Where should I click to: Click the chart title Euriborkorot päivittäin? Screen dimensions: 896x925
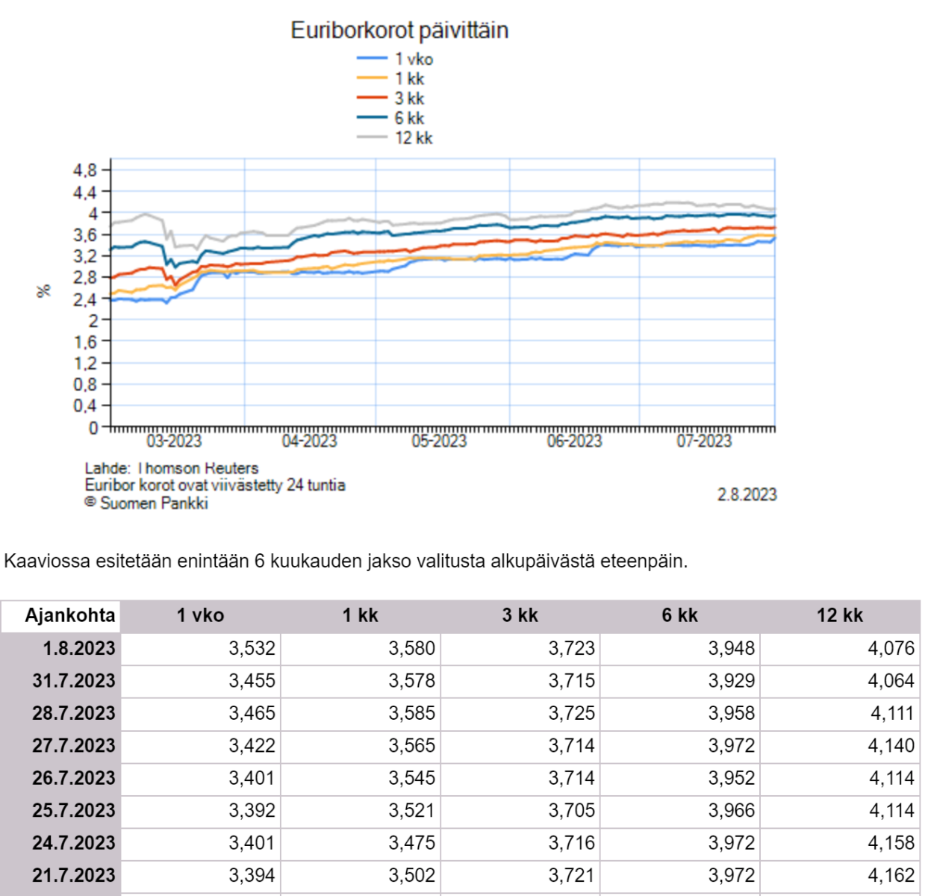(399, 31)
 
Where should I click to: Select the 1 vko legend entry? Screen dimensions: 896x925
(413, 59)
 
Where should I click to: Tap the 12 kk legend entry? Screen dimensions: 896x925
(413, 138)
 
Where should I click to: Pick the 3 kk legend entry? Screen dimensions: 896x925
(409, 99)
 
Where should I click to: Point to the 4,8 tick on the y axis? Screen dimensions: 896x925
(85, 170)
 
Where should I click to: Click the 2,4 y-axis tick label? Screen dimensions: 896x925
(85, 299)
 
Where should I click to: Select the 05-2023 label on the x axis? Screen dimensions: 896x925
(439, 441)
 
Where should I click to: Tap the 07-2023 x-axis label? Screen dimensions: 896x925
(704, 441)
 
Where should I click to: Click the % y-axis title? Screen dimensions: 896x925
(43, 290)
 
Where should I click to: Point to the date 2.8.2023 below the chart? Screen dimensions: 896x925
(747, 495)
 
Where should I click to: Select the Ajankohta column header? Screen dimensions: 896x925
(69, 615)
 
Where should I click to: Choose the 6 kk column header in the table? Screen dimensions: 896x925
(679, 615)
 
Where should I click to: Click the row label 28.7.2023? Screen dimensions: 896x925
(73, 713)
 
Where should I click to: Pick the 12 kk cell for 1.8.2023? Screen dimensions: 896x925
(891, 648)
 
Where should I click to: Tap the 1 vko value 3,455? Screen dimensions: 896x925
(252, 680)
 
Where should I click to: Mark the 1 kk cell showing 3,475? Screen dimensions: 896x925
(411, 843)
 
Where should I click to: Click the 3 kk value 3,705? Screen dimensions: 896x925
(571, 810)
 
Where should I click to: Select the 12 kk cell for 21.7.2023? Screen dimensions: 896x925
(891, 875)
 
